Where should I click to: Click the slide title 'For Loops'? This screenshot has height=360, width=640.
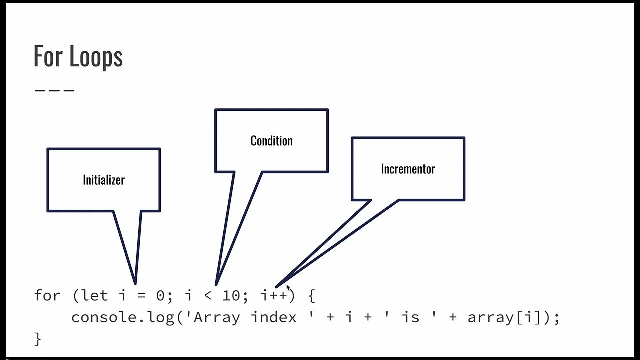(x=78, y=56)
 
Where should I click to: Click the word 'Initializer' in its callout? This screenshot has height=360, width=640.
(x=104, y=180)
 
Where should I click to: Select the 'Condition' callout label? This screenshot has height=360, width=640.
(x=271, y=141)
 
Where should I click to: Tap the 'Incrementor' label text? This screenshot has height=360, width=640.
(x=408, y=169)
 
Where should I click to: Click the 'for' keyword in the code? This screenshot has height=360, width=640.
(x=47, y=295)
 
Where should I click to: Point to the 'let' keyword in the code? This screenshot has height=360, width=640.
(x=95, y=295)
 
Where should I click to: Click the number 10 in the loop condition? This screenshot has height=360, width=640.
(x=231, y=295)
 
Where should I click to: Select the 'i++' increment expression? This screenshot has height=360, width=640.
(x=274, y=295)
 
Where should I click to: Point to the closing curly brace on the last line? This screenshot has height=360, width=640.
(x=37, y=339)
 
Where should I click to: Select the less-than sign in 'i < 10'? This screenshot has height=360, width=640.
(x=208, y=296)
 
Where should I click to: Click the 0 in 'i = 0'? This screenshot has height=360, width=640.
(x=160, y=296)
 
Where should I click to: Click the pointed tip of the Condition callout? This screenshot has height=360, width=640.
(x=216, y=284)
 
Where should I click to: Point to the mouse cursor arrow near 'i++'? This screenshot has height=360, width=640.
(x=288, y=288)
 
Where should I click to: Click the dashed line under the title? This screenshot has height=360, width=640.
(x=54, y=90)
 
